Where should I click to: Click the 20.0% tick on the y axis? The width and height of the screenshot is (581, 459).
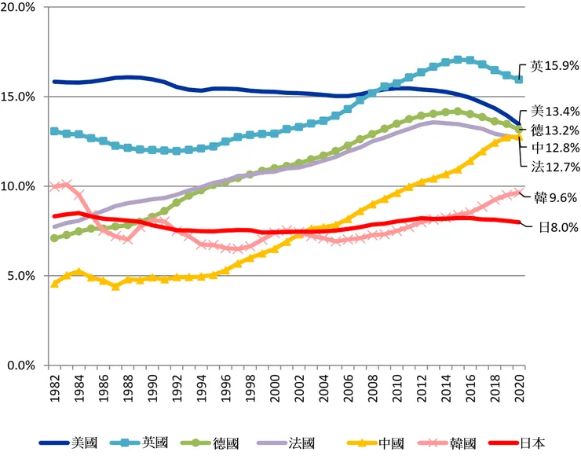point(22,7)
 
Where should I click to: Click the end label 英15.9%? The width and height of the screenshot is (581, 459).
point(554,67)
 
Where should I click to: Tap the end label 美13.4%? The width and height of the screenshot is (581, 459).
point(554,112)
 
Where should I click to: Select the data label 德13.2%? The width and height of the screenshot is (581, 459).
point(554,130)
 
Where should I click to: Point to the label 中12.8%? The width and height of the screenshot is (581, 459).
point(554,148)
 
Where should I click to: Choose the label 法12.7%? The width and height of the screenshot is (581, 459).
point(554,166)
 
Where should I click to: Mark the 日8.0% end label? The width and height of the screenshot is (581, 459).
point(558,227)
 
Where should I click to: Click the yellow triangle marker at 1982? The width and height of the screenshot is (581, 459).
point(54,283)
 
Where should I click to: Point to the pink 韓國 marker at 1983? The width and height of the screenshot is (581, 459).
point(67,185)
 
